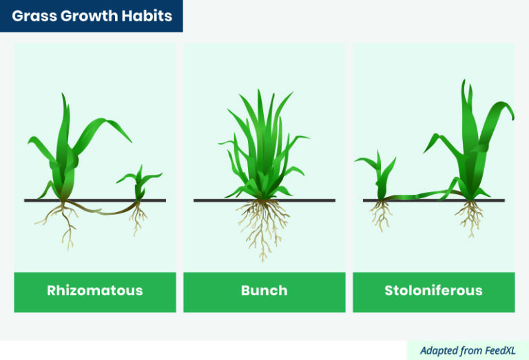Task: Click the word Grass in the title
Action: [x=34, y=15]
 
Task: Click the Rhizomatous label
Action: [x=95, y=290]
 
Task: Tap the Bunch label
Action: [x=264, y=290]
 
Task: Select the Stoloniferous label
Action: [x=433, y=290]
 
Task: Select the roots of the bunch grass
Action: [x=262, y=227]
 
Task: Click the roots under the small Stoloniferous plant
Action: [x=380, y=215]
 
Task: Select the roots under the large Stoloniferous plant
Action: [x=470, y=215]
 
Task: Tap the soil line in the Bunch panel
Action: [x=214, y=200]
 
